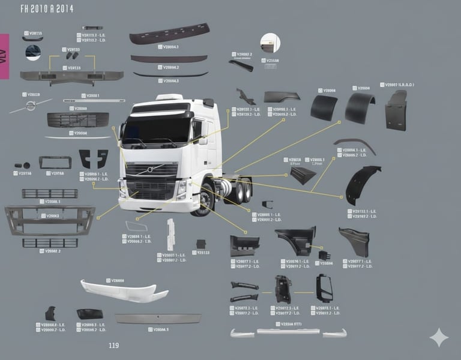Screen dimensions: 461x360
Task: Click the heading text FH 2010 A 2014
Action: (x=47, y=9)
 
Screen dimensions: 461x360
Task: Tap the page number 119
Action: (x=113, y=346)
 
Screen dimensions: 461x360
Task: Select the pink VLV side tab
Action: (x=4, y=56)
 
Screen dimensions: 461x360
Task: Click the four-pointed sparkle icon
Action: (x=439, y=337)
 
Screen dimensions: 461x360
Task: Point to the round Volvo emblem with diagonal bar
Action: (x=30, y=106)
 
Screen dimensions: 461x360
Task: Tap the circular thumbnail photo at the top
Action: (x=33, y=53)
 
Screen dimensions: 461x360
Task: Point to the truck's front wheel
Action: (x=205, y=200)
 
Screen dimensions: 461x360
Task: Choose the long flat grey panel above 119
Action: (x=158, y=319)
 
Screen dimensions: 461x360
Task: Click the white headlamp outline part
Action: (x=136, y=226)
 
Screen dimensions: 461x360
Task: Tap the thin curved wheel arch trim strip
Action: (x=355, y=145)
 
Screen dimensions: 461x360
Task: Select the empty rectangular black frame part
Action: (x=55, y=162)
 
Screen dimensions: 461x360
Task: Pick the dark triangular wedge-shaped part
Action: (x=303, y=175)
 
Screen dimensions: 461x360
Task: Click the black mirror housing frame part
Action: (x=324, y=288)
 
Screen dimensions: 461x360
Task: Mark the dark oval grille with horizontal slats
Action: (x=78, y=119)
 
